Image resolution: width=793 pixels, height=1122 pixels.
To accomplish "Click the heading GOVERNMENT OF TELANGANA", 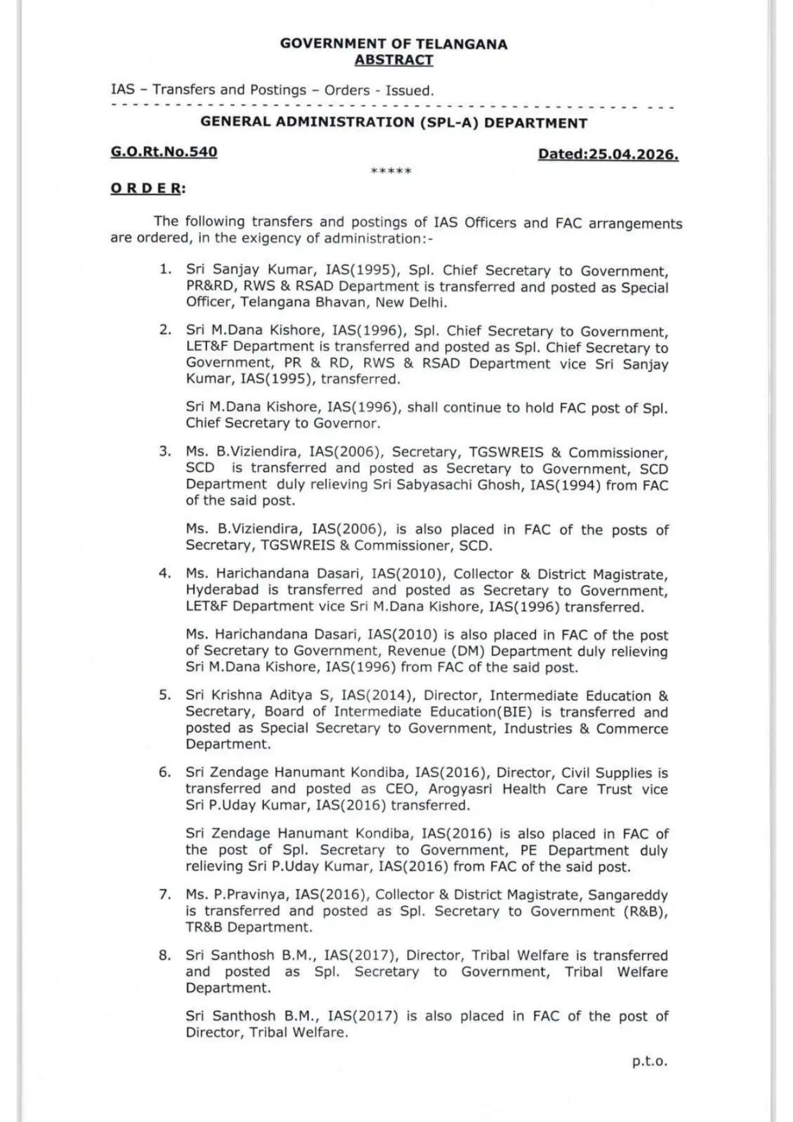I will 393,44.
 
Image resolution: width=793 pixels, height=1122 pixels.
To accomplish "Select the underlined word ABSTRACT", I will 394,60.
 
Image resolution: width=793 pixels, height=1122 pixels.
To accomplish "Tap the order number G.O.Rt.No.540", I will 164,152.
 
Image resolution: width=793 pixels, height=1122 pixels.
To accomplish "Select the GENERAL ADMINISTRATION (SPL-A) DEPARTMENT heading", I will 393,122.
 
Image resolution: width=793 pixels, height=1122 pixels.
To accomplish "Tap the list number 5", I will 165,695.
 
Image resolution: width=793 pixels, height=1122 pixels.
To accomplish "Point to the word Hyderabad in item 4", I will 223,589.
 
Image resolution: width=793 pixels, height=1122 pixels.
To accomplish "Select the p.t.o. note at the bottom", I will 649,1061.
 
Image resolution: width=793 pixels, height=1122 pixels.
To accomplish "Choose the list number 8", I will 165,955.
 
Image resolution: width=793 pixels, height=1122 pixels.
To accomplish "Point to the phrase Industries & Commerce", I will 586,728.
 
